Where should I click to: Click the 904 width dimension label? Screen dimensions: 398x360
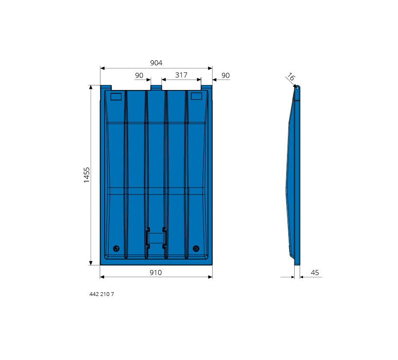[x=156, y=63]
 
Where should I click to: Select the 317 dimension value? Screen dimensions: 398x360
[x=181, y=75]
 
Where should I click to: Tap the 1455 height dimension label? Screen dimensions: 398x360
[x=87, y=175]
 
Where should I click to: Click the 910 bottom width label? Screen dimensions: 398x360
[x=156, y=273]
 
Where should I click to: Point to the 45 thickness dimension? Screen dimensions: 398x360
[x=315, y=273]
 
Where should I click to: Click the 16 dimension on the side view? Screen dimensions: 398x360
[x=291, y=77]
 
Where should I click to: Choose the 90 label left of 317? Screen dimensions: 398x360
[x=139, y=75]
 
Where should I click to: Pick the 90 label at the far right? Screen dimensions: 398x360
[x=226, y=75]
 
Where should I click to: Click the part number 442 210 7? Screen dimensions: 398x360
[x=102, y=294]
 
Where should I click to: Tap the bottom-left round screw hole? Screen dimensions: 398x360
[x=116, y=249]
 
